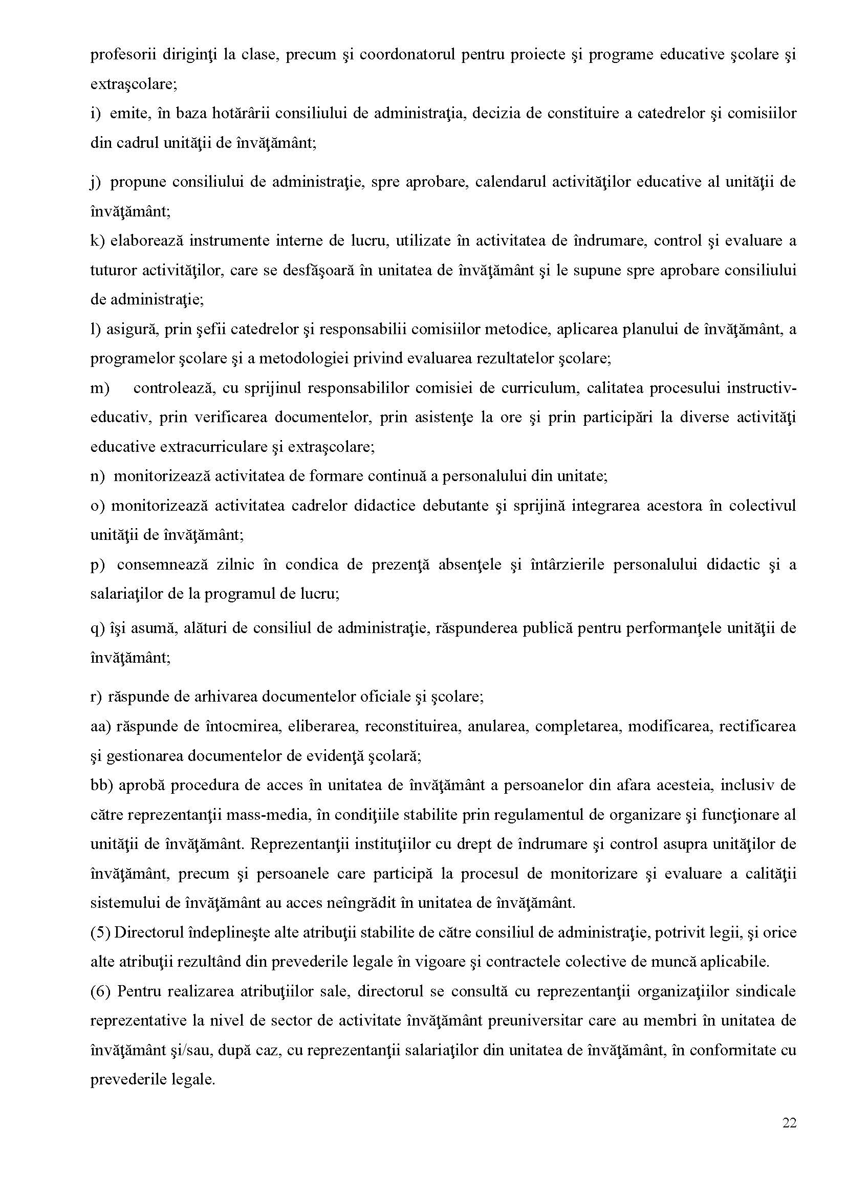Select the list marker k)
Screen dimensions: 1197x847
pos(98,241)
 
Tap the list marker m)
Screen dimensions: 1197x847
pos(100,388)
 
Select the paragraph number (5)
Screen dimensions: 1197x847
pos(100,932)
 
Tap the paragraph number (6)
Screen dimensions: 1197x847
pos(100,991)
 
